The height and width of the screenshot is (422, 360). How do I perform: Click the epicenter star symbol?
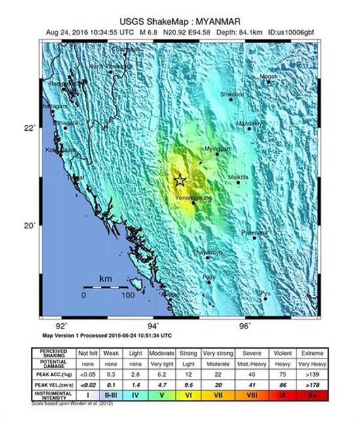(x=180, y=181)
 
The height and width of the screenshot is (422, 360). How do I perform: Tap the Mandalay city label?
(x=249, y=123)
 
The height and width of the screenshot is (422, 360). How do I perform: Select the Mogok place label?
(x=269, y=77)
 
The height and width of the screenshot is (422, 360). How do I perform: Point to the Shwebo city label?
(x=232, y=95)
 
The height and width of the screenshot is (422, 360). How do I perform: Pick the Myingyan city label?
(x=217, y=149)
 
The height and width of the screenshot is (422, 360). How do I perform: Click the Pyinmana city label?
(x=254, y=232)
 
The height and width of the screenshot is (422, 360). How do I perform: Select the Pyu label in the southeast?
(x=265, y=293)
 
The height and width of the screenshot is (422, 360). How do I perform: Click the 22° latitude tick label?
(x=29, y=128)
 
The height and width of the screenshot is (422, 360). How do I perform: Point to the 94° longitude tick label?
(x=153, y=325)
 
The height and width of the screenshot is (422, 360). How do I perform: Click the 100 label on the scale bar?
(x=128, y=295)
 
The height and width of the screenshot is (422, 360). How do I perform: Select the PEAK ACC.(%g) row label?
(x=56, y=374)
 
